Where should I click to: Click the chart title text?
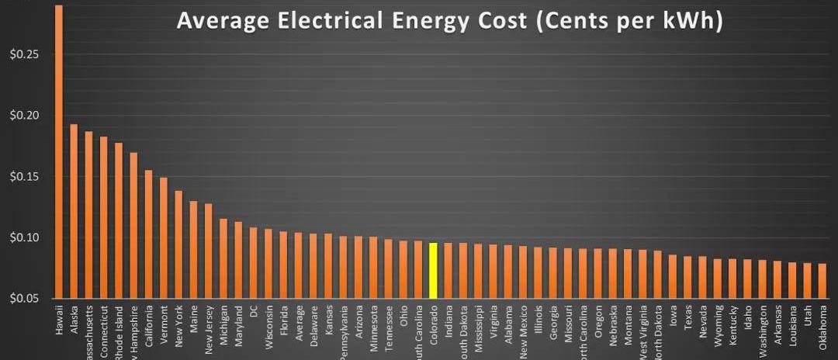tap(450, 21)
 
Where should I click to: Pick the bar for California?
tap(148, 234)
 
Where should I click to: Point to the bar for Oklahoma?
tap(822, 281)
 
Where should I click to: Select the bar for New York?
tap(178, 244)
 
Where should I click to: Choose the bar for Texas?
tap(687, 277)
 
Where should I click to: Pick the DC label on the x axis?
tap(254, 322)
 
